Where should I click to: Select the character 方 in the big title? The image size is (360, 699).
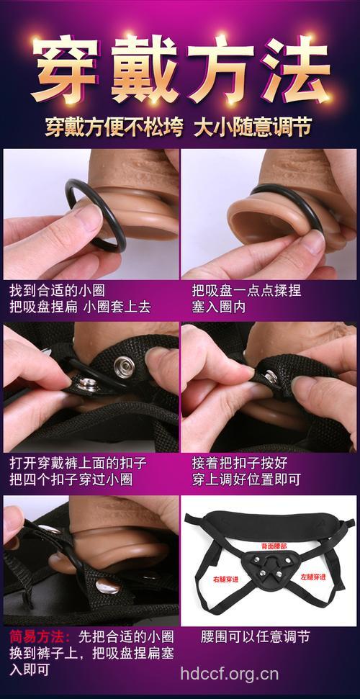click(218, 70)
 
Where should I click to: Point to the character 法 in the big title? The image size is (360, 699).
click(293, 70)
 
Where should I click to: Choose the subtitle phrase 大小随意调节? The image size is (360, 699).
click(253, 128)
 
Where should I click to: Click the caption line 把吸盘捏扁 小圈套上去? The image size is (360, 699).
click(80, 307)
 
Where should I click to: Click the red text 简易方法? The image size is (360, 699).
click(38, 637)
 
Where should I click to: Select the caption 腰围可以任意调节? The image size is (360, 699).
click(256, 637)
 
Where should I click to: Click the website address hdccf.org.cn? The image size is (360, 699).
click(229, 674)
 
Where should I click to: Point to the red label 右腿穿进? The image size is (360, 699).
click(225, 577)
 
